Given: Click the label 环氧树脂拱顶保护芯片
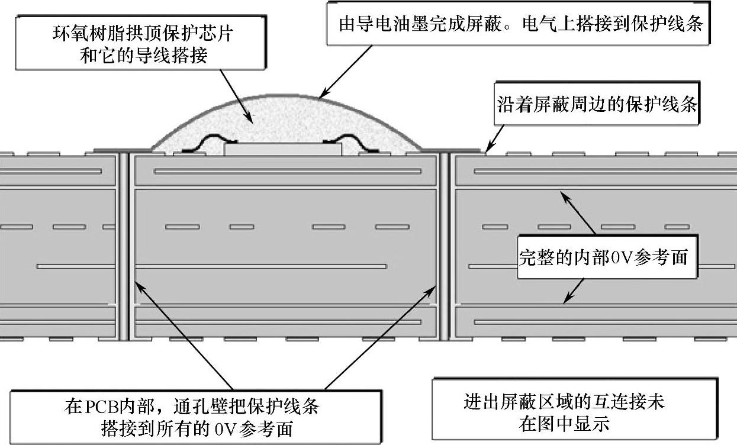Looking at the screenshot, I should [141, 34].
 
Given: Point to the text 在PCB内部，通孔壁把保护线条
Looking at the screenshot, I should [192, 407].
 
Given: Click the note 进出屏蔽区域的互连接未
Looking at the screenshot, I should [564, 402].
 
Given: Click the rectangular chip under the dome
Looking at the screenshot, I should [282, 149].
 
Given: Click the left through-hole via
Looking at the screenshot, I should [124, 246].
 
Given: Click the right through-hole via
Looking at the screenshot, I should [444, 246].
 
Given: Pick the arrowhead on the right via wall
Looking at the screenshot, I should [432, 283].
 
